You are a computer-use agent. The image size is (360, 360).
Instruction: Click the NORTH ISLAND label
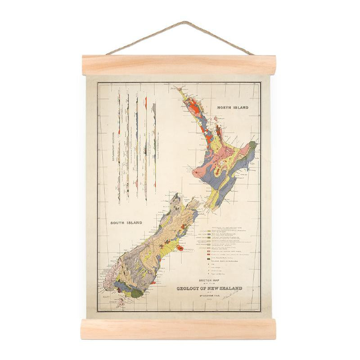[x=233, y=108]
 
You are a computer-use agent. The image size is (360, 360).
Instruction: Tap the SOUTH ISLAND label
[x=126, y=222]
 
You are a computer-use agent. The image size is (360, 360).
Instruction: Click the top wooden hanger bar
[x=179, y=65]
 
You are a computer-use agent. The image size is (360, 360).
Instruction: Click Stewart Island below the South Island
[x=121, y=302]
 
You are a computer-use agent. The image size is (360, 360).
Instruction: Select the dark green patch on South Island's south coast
[x=136, y=292]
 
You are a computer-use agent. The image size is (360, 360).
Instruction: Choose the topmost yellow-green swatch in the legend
[x=208, y=230]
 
